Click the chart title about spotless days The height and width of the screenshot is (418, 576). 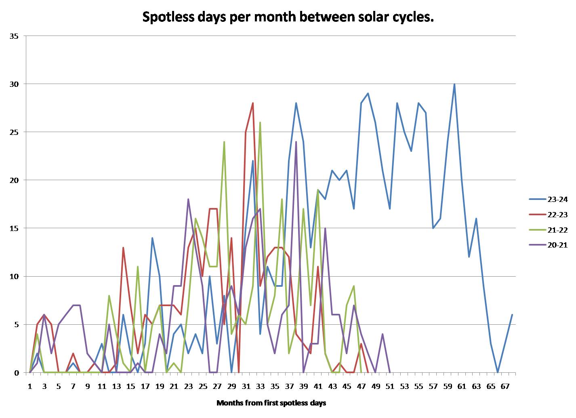click(288, 17)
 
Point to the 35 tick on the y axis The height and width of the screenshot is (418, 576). click(14, 36)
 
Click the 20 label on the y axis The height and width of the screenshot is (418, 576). click(14, 181)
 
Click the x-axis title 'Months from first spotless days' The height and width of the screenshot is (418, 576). click(271, 403)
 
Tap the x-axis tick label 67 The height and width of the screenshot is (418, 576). click(505, 386)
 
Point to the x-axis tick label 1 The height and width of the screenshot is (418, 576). click(30, 386)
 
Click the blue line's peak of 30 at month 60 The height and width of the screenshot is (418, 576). click(454, 84)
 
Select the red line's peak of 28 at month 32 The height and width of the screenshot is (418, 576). click(253, 103)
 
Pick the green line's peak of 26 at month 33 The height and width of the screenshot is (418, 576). click(260, 122)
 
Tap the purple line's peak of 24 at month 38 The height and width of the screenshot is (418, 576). click(296, 142)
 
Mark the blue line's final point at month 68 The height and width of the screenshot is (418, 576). click(512, 315)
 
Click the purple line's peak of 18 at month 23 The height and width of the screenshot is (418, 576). click(188, 199)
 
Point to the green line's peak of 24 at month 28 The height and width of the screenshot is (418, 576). click(224, 142)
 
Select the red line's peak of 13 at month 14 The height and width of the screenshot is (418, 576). click(123, 248)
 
